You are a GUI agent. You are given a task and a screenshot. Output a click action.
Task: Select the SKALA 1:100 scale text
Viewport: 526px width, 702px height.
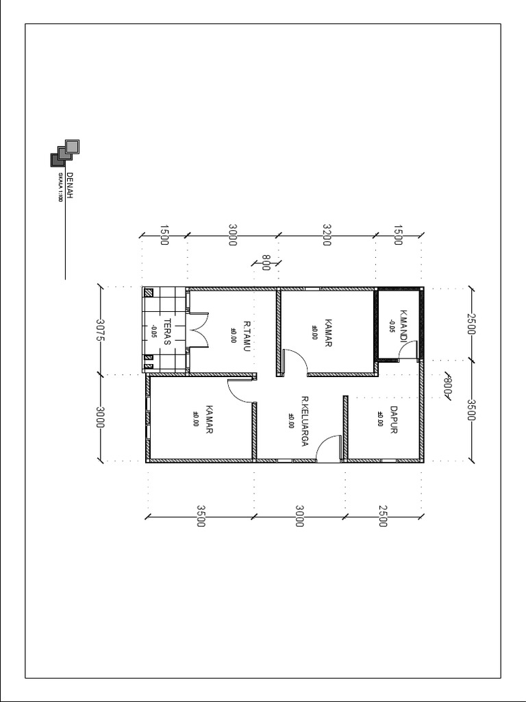60,188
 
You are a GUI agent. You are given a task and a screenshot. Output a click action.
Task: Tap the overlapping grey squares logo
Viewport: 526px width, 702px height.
65,153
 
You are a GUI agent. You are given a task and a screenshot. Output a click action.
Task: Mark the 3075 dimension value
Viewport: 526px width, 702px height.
100,330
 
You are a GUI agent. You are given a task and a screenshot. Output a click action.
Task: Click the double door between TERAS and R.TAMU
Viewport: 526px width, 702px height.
199,330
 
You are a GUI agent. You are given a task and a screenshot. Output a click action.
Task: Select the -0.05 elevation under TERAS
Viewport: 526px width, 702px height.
154,332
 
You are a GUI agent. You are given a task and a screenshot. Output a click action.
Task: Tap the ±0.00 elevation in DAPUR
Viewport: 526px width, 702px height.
379,418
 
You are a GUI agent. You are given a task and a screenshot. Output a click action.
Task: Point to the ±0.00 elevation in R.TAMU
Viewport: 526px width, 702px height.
233,334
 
